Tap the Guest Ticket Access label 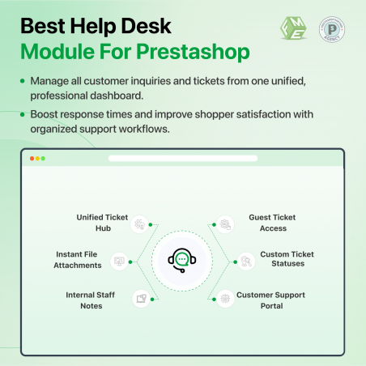[273, 222]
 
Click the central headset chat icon [182, 260]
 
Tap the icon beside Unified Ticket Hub [141, 223]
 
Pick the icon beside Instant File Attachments [120, 261]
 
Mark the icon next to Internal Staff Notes [141, 298]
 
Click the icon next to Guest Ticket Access [225, 223]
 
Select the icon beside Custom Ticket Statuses [245, 261]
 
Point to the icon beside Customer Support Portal [225, 298]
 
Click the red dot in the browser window [32, 158]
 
